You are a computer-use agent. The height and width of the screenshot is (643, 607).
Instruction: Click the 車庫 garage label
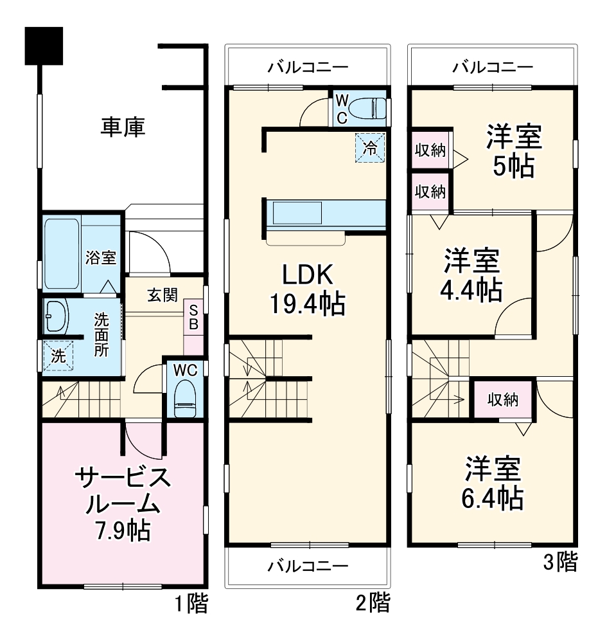tap(122, 126)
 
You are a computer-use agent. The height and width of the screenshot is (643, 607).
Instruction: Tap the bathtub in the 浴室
tap(62, 253)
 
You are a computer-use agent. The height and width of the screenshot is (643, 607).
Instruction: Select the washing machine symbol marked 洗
tap(58, 355)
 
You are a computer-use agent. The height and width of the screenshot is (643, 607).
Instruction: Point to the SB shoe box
tap(193, 317)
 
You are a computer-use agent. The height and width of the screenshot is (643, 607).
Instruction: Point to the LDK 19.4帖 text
tap(307, 289)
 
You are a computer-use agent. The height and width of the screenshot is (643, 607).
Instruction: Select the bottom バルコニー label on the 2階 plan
tap(308, 566)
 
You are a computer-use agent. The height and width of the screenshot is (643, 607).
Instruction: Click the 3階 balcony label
tap(492, 67)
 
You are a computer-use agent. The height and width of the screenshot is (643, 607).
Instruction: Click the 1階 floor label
tap(191, 604)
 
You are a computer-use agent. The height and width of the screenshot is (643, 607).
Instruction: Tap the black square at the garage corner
tap(43, 46)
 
